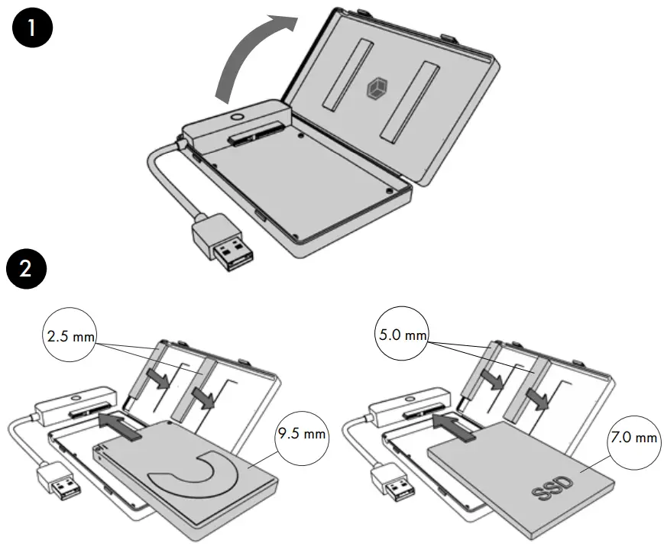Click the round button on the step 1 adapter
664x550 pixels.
pos(235,118)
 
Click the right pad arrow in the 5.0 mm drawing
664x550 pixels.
pos(541,396)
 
